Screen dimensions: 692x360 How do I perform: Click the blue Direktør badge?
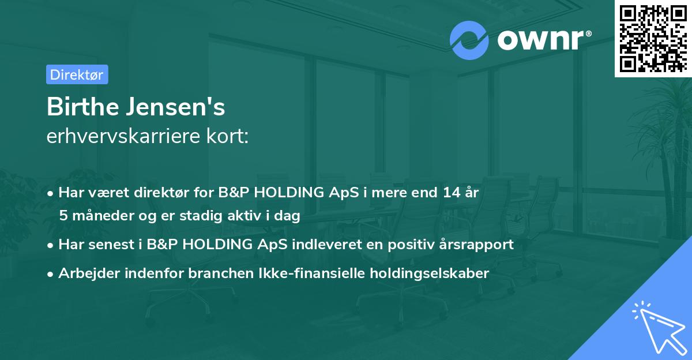pyautogui.click(x=77, y=74)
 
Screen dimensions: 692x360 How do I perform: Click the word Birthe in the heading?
pyautogui.click(x=83, y=107)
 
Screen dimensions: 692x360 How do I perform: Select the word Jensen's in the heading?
pyautogui.click(x=176, y=107)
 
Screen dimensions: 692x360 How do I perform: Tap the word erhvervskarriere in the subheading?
pyautogui.click(x=123, y=136)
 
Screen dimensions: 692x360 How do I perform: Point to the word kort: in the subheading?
pyautogui.click(x=228, y=136)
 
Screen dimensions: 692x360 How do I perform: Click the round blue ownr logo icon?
pyautogui.click(x=469, y=40)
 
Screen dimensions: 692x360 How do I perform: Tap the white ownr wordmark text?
pyautogui.click(x=544, y=40)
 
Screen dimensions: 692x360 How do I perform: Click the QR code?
pyautogui.click(x=653, y=38)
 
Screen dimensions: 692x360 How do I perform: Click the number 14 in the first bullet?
pyautogui.click(x=452, y=192)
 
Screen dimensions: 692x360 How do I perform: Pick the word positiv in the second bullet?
pyautogui.click(x=405, y=245)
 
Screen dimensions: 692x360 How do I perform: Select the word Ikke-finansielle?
pyautogui.click(x=312, y=273)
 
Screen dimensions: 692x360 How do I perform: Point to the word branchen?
pyautogui.click(x=221, y=273)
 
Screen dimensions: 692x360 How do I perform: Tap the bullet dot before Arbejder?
pyautogui.click(x=50, y=274)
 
